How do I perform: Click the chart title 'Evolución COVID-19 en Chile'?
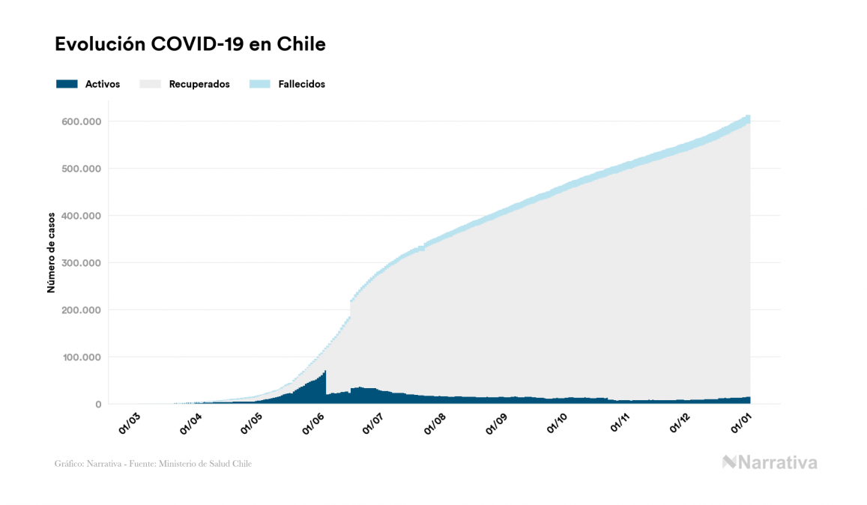click(x=190, y=44)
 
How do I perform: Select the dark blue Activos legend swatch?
click(x=67, y=84)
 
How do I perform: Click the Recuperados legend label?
click(x=199, y=84)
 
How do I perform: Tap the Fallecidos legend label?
click(x=301, y=84)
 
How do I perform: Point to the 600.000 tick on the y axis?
click(x=83, y=121)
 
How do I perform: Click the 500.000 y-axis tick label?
click(x=83, y=169)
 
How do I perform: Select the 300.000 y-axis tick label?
click(x=83, y=263)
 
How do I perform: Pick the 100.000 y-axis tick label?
click(x=83, y=357)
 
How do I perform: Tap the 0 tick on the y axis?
click(x=97, y=405)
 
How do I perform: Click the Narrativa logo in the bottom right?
click(x=770, y=462)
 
